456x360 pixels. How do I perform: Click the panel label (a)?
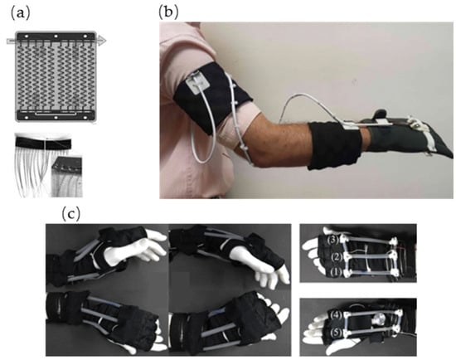[20, 13]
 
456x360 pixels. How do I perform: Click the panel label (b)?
[168, 12]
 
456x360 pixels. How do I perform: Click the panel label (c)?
[70, 214]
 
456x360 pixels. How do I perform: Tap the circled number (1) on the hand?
[336, 272]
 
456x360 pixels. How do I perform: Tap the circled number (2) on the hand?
[336, 256]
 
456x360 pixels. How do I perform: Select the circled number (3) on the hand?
[332, 240]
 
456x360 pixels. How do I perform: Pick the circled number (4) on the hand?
[336, 315]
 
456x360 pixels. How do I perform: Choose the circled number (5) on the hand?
[336, 333]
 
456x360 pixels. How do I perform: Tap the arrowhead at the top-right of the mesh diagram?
[101, 41]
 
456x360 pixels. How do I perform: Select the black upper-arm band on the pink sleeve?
[212, 98]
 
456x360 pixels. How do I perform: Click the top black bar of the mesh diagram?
[56, 37]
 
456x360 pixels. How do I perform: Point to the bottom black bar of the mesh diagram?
[56, 115]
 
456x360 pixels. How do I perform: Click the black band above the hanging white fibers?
[43, 143]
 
